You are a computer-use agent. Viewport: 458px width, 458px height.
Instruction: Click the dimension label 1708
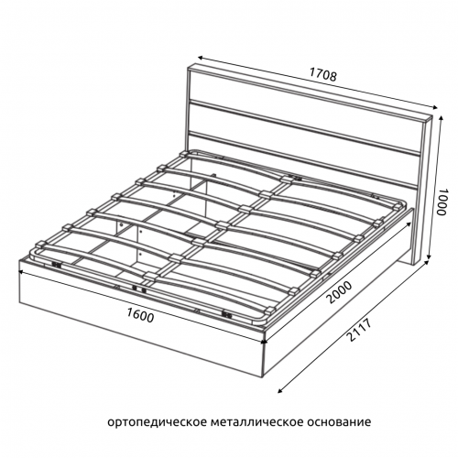tap(323, 74)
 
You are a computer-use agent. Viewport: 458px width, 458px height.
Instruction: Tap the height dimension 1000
tap(442, 202)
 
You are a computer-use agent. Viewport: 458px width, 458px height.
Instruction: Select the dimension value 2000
tap(339, 292)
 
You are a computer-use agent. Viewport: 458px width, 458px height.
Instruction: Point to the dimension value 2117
tap(359, 330)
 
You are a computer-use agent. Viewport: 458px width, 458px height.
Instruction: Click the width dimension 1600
tap(140, 314)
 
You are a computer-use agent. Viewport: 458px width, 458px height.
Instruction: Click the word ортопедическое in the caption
tap(158, 422)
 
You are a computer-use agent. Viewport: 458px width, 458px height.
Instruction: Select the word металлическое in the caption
tap(257, 421)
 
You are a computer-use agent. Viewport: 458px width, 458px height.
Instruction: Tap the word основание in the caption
tap(339, 421)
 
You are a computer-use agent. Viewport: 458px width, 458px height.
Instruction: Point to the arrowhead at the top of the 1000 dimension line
tap(441, 118)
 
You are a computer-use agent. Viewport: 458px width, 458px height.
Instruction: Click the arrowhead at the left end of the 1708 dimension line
tap(201, 58)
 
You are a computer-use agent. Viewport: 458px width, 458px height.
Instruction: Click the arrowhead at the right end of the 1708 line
tap(434, 106)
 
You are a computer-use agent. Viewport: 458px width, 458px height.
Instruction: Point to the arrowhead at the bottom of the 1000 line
tap(430, 257)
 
